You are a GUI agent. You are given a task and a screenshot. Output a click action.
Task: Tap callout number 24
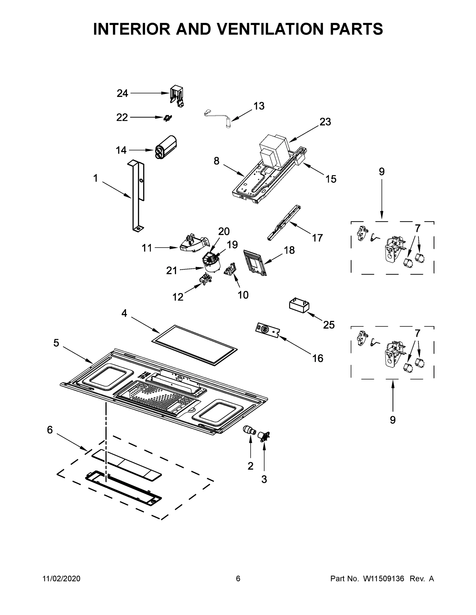(122, 93)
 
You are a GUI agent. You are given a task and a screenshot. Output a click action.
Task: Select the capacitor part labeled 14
(166, 148)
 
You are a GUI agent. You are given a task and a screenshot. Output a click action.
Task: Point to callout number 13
(259, 106)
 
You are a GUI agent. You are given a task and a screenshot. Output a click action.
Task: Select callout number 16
(317, 358)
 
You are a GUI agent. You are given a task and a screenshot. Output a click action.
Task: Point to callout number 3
(264, 479)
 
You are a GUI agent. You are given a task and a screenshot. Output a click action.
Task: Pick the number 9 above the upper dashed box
(382, 171)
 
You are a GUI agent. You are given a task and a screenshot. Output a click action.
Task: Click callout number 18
(289, 250)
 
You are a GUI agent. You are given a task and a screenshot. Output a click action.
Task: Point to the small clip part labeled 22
(168, 118)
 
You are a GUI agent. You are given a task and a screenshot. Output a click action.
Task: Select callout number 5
(56, 343)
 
